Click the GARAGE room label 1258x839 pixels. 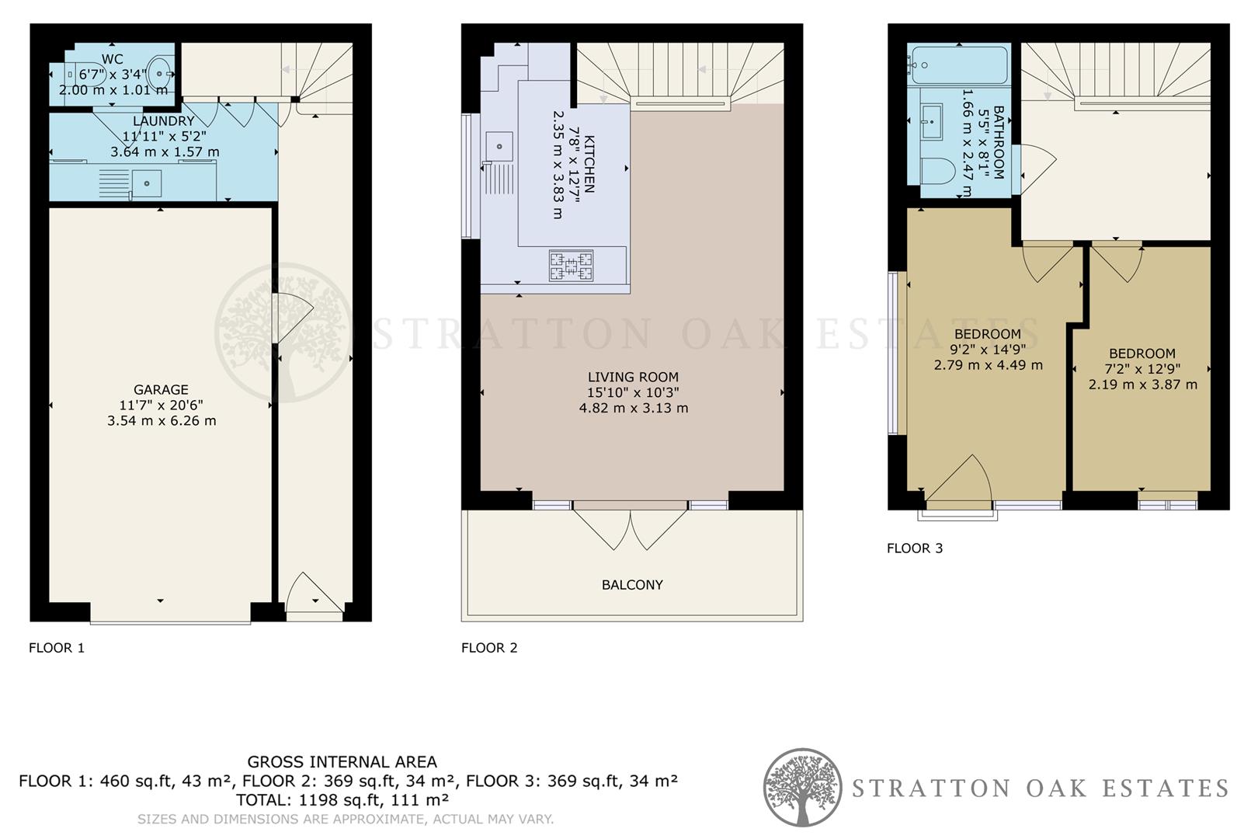pyautogui.click(x=161, y=390)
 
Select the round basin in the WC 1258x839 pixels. pyautogui.click(x=161, y=72)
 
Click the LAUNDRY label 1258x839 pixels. pyautogui.click(x=163, y=121)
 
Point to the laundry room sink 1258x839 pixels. pyautogui.click(x=147, y=183)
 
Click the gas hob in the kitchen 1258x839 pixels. pyautogui.click(x=571, y=266)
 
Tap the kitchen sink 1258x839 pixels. pyautogui.click(x=499, y=146)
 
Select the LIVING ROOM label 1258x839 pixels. pyautogui.click(x=633, y=378)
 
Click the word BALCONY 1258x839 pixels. pyautogui.click(x=632, y=585)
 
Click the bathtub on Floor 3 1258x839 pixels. pyautogui.click(x=960, y=65)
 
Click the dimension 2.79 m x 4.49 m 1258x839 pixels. pyautogui.click(x=988, y=365)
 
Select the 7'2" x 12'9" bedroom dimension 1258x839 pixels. pyautogui.click(x=1142, y=369)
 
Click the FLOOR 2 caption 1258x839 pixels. pyautogui.click(x=489, y=648)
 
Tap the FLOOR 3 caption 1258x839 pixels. pyautogui.click(x=915, y=548)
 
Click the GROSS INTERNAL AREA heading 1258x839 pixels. pyautogui.click(x=342, y=762)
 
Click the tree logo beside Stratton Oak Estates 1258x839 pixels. pyautogui.click(x=802, y=788)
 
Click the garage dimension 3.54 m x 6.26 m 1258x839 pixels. pyautogui.click(x=162, y=421)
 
